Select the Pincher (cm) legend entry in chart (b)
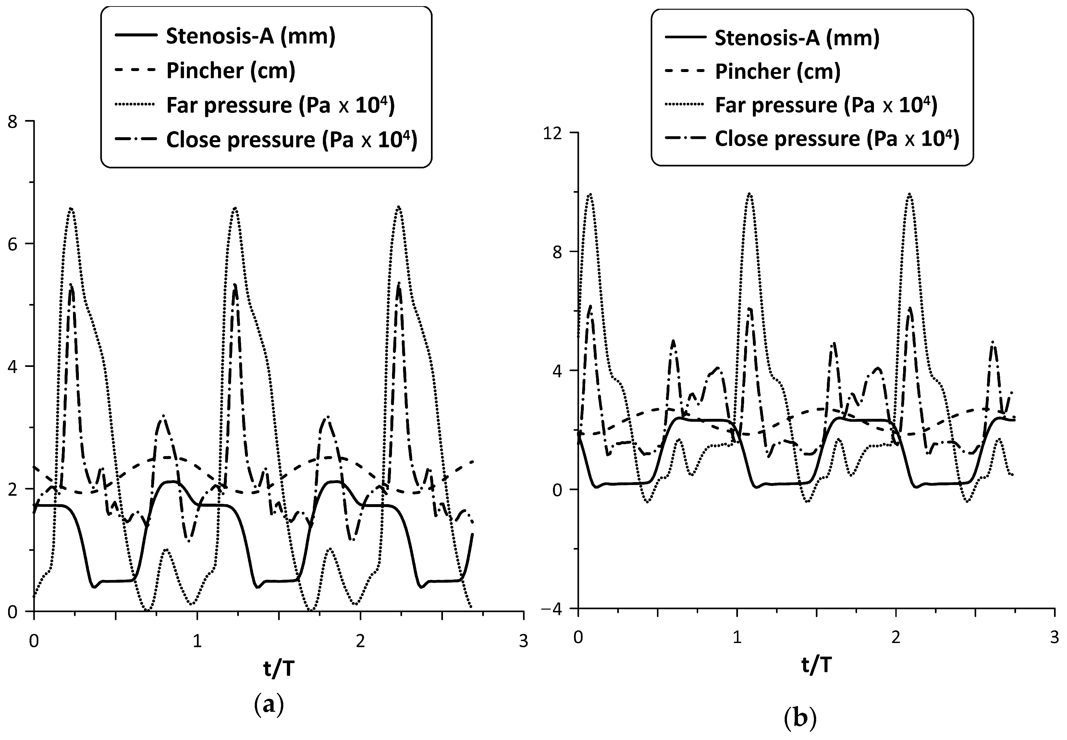777,71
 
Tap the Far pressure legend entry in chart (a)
280,105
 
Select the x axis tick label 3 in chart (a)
523,642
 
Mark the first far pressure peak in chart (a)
71,209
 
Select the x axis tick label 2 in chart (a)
360,642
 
